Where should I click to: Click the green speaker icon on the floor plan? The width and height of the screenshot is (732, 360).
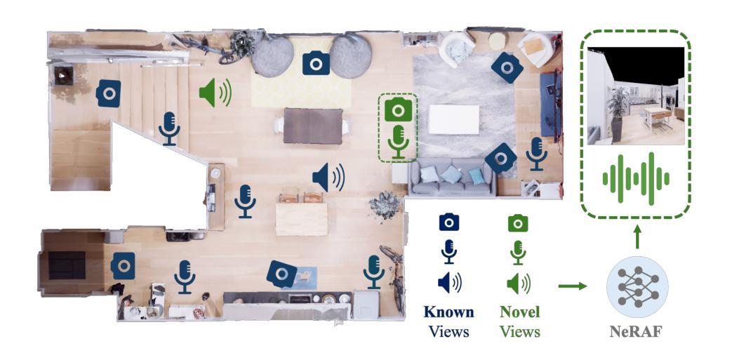(215, 92)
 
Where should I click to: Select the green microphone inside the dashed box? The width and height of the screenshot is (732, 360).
(399, 140)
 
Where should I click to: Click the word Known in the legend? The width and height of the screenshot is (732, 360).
(449, 312)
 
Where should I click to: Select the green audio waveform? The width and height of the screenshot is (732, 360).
(636, 179)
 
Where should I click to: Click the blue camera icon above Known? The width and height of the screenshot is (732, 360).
(449, 223)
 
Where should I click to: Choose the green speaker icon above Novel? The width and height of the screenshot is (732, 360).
(518, 283)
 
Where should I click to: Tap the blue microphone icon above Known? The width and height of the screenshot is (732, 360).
(449, 252)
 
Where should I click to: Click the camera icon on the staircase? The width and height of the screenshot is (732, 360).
(109, 93)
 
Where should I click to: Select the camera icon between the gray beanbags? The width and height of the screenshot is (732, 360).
(316, 64)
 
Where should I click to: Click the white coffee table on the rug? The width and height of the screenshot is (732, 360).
(454, 119)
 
